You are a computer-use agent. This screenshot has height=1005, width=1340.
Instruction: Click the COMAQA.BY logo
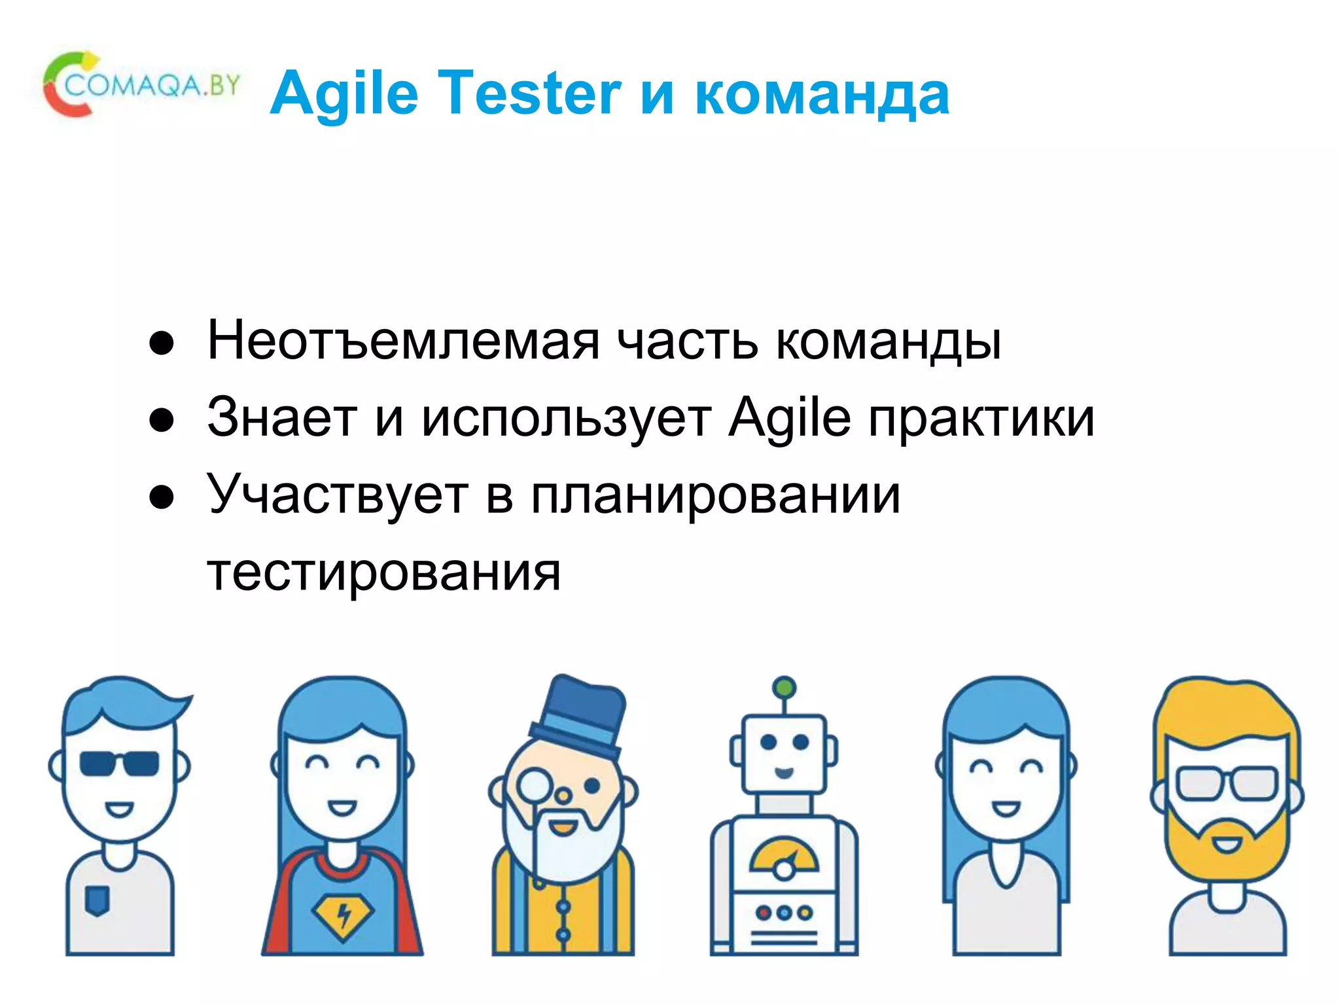point(141,85)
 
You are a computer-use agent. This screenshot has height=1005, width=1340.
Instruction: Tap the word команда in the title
point(822,95)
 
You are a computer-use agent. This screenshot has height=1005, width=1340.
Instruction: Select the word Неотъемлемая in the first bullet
point(403,341)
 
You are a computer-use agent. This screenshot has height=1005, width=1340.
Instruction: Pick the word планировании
point(715,496)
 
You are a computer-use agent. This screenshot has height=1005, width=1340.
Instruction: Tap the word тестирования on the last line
point(384,572)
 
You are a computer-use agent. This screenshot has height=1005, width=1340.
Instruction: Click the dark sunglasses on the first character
point(119,763)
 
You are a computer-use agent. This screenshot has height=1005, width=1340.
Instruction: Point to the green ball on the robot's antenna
point(784,687)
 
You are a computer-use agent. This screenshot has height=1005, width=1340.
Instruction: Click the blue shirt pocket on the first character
point(97,900)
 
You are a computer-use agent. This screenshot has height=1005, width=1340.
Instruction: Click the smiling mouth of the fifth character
point(1006,808)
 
